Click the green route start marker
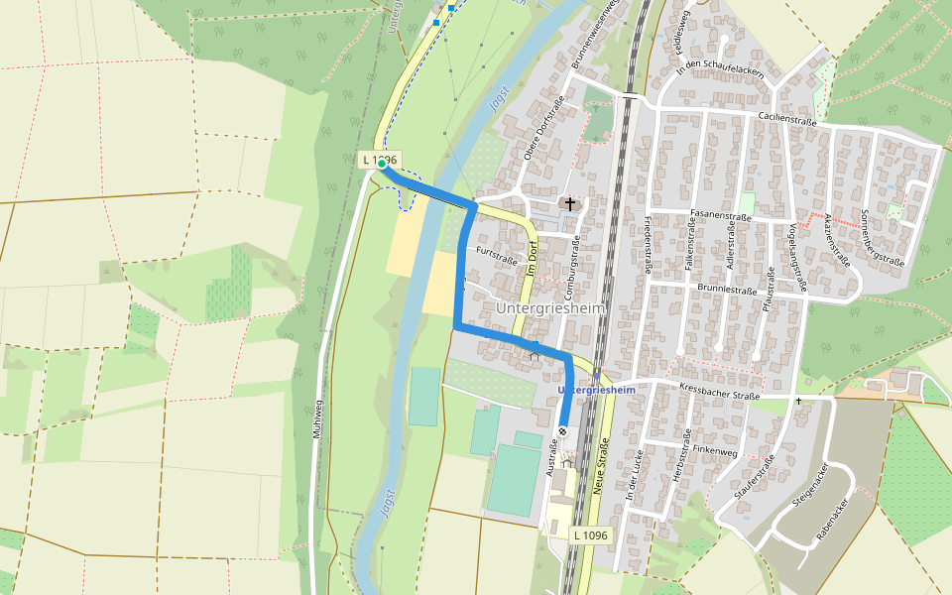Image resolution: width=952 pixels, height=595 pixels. (x=382, y=165)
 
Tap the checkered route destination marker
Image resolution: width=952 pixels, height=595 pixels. (x=562, y=431)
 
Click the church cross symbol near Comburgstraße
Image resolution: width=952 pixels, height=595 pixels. (x=569, y=204)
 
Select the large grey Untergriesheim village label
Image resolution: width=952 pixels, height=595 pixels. (x=548, y=308)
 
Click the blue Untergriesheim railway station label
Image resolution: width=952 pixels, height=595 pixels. (x=597, y=391)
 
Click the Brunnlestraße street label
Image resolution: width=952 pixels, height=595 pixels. (x=727, y=291)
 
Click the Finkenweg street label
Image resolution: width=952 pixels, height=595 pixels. (x=716, y=448)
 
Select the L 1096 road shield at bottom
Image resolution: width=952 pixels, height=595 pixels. (x=589, y=535)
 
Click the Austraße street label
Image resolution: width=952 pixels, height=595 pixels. (x=550, y=455)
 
